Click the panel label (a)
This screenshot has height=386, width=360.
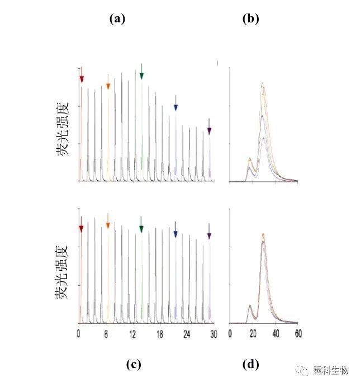click(117, 18)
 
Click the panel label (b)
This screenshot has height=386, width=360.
click(250, 18)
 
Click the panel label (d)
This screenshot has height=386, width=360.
click(250, 364)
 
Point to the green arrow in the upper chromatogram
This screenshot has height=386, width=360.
click(141, 72)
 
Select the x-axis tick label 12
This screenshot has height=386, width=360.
click(132, 333)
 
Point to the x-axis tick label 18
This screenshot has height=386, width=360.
click(160, 333)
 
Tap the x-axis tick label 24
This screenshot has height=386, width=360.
click(187, 333)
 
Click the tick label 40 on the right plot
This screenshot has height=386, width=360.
click(276, 333)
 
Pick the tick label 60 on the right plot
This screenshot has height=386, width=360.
click(298, 333)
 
